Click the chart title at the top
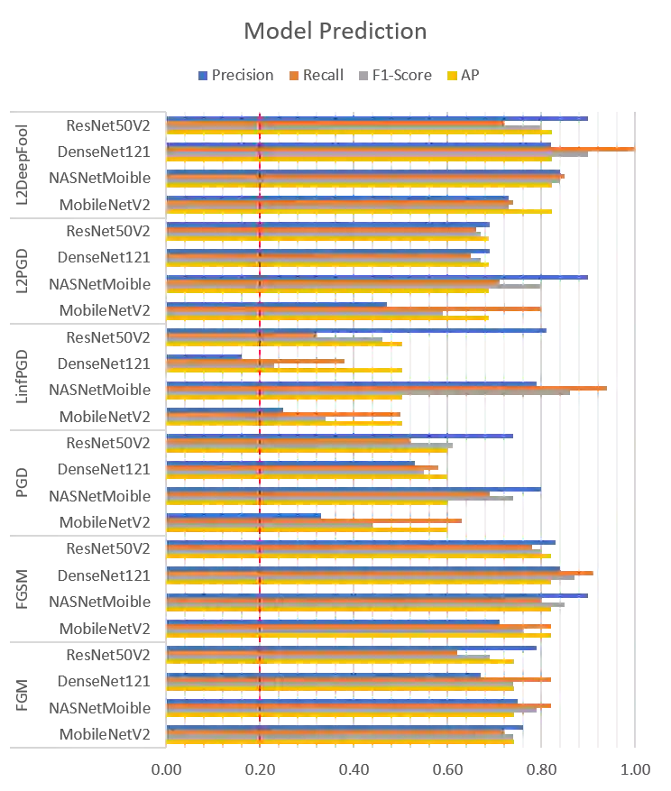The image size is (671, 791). point(335,32)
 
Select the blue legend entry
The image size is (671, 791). point(234,77)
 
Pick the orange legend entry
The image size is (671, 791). point(318,77)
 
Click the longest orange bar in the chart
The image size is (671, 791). point(400,147)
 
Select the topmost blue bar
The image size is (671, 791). point(378,118)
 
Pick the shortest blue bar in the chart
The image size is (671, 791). point(204,356)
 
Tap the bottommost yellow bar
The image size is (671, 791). point(342,742)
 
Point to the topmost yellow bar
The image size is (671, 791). point(360,133)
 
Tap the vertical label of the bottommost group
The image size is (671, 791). point(23,695)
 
